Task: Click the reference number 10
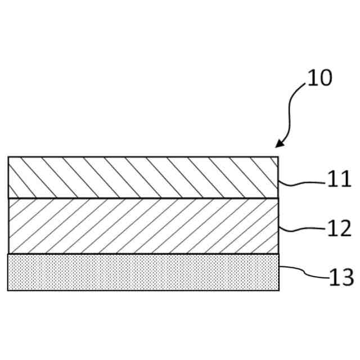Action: (x=319, y=78)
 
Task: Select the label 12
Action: (x=339, y=229)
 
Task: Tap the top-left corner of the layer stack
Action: (x=8, y=157)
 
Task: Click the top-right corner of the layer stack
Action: (x=278, y=157)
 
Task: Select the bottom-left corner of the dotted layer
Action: (x=8, y=290)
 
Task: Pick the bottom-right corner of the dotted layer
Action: (x=278, y=290)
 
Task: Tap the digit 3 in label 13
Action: (x=346, y=277)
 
